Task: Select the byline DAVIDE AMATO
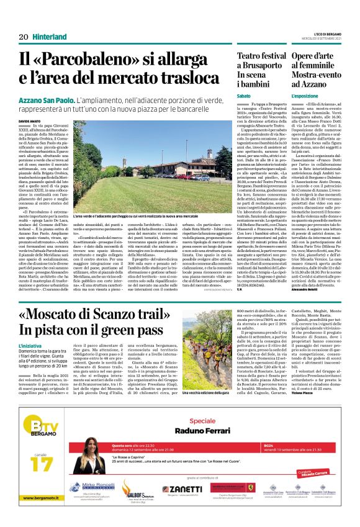(29, 121)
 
